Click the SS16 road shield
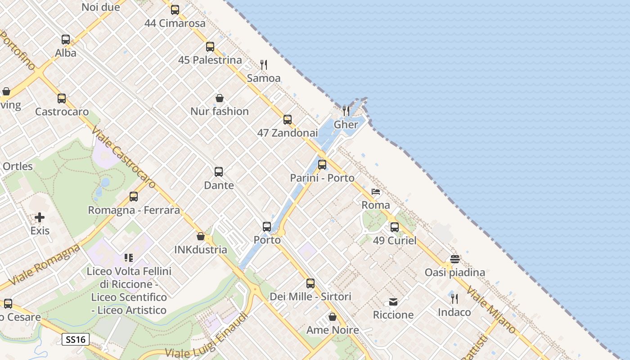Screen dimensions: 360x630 click(x=76, y=339)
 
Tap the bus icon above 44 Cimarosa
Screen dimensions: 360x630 click(x=175, y=9)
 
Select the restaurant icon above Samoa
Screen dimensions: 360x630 click(x=264, y=65)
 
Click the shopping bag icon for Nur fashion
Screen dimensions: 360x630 click(x=220, y=98)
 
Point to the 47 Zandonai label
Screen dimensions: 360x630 click(x=288, y=133)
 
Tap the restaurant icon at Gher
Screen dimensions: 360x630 click(x=346, y=111)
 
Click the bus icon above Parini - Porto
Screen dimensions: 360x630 click(x=322, y=165)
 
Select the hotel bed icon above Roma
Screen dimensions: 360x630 click(x=376, y=192)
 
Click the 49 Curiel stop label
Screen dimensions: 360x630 click(x=395, y=240)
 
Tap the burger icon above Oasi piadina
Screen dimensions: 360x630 click(x=455, y=259)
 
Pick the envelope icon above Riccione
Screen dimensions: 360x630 click(x=393, y=301)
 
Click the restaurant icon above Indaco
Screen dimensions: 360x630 click(x=454, y=298)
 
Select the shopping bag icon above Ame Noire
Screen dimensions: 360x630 click(x=333, y=317)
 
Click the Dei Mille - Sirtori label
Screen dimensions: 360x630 click(x=310, y=297)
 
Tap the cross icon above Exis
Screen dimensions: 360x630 click(x=40, y=218)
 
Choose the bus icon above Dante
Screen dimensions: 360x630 click(x=219, y=172)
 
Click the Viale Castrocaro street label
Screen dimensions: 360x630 click(x=123, y=157)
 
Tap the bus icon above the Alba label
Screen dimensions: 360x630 click(x=66, y=40)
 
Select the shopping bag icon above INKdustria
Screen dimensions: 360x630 click(x=201, y=236)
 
